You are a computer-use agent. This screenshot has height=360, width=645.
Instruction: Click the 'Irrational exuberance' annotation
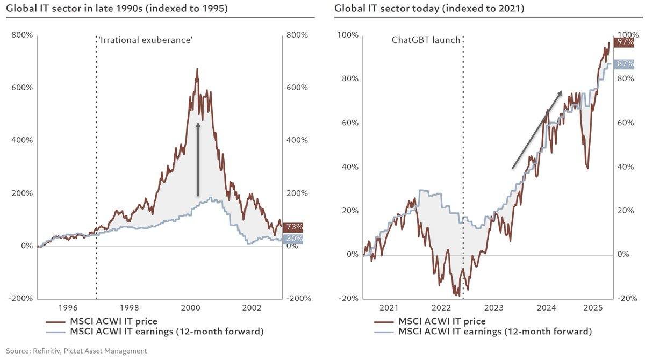coord(145,40)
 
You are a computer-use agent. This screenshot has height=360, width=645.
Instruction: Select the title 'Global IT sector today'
coord(429,8)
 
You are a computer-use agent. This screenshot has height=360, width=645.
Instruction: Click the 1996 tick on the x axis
coord(68,308)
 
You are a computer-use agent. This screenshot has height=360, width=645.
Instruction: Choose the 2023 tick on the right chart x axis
coord(494,308)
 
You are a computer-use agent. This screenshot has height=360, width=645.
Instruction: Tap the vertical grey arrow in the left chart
coord(198,159)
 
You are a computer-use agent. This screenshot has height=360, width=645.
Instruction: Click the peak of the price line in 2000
coord(197,69)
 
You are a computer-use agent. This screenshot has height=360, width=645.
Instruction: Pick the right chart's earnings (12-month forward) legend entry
coord(494,332)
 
